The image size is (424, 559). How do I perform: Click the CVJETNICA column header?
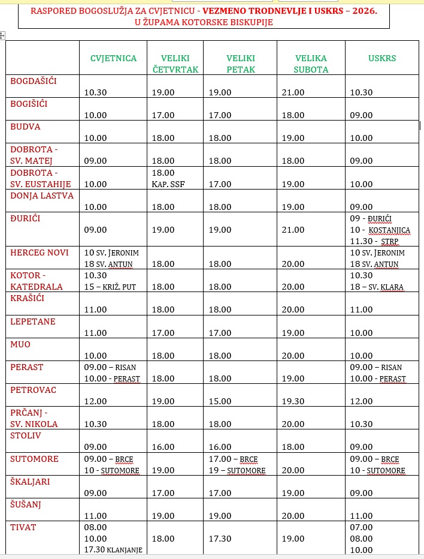113,58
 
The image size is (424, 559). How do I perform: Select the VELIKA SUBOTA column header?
311,64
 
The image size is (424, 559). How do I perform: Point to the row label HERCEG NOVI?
40,253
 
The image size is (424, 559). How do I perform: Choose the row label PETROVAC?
33,390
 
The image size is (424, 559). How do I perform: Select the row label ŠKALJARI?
30,481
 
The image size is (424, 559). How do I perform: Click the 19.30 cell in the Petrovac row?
293,401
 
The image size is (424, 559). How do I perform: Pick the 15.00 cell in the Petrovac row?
220,401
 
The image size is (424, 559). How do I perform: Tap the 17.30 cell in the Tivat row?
220,539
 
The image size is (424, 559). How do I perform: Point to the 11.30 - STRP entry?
375,241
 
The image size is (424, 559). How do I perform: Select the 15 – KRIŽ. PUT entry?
110,287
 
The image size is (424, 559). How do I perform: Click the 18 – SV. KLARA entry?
377,287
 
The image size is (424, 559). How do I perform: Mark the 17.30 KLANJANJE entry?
113,549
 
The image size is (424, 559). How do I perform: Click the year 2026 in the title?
364,11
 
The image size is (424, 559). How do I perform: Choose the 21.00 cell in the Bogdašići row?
293,92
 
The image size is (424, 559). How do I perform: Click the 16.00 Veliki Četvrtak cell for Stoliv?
163,447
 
